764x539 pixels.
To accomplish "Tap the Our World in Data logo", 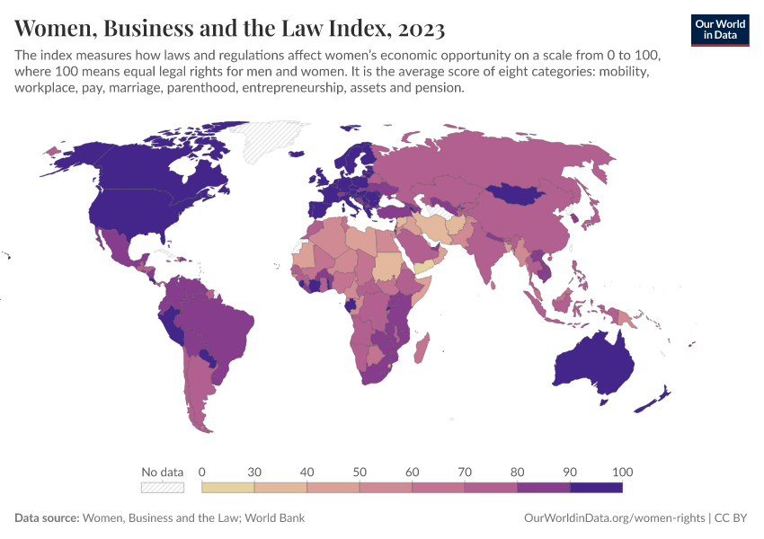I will (719, 30).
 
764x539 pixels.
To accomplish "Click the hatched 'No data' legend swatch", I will (163, 488).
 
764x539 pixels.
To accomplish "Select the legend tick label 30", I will (254, 472).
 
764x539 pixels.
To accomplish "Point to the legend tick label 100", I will (622, 472).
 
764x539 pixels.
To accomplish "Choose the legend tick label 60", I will (412, 472).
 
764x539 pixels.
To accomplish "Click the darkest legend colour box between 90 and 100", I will (596, 488).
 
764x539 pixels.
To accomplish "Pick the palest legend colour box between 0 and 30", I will (228, 488).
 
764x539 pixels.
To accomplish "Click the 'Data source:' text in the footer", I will (47, 518).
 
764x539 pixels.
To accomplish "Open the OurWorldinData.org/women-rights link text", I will (614, 518).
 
